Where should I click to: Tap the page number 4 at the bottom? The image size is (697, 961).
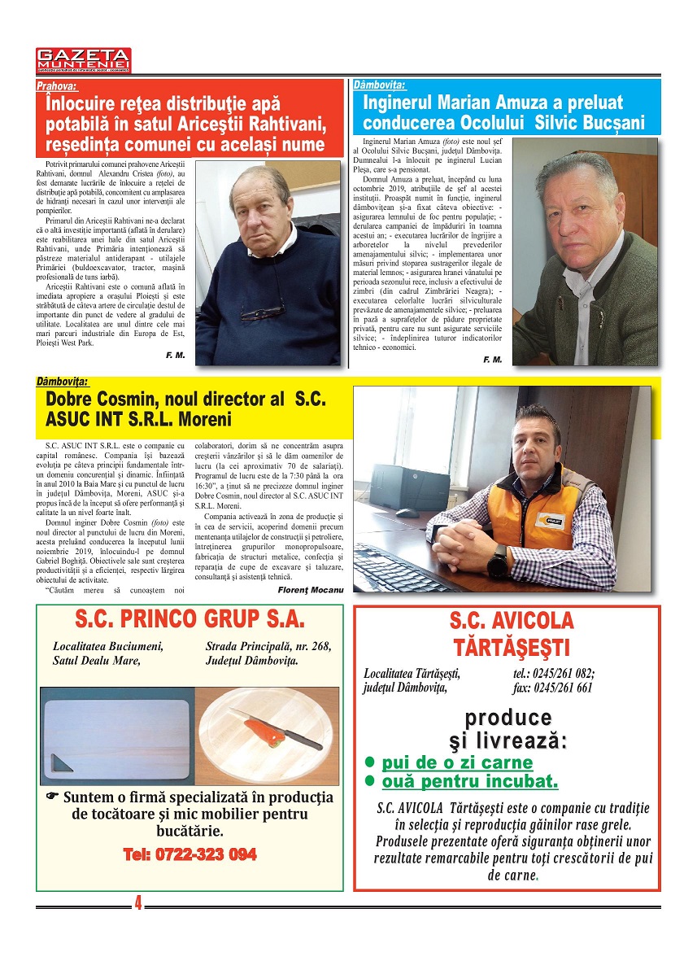click(x=138, y=902)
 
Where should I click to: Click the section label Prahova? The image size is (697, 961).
click(x=57, y=85)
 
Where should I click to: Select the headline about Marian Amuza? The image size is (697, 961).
click(x=504, y=113)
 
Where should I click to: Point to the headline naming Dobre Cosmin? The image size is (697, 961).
click(x=185, y=409)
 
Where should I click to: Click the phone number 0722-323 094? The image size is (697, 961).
click(x=189, y=854)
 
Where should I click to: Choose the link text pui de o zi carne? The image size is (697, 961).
click(x=457, y=763)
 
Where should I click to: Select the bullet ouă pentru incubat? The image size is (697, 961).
click(x=469, y=783)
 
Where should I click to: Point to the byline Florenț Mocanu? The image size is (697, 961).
click(x=310, y=589)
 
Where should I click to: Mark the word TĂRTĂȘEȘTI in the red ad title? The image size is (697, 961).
click(x=510, y=649)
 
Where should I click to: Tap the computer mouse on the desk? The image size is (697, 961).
click(x=407, y=513)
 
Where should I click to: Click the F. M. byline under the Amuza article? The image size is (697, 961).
click(x=492, y=360)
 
